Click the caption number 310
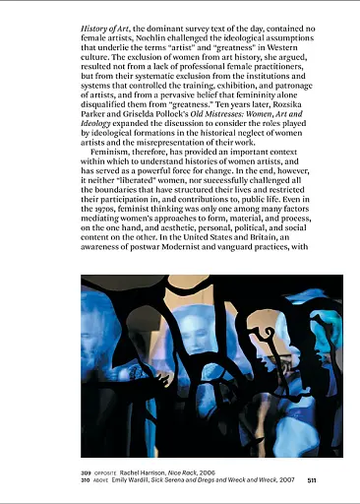[x=88, y=480]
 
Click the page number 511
[x=311, y=480]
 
